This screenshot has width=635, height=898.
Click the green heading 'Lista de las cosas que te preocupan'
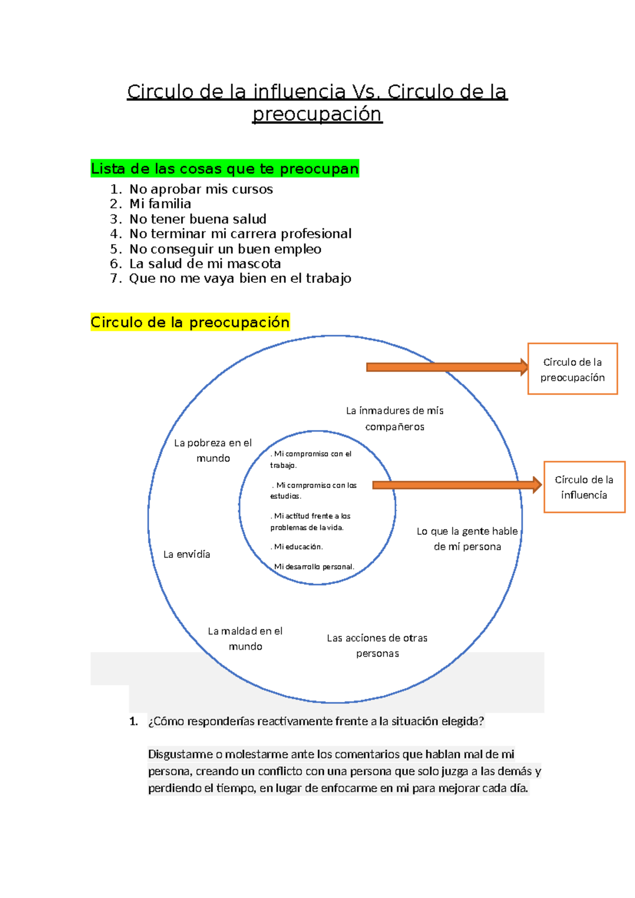point(225,168)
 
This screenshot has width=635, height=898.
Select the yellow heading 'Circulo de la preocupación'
point(190,322)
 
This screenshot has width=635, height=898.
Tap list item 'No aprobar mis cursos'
point(201,189)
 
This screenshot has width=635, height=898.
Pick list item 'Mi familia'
point(160,204)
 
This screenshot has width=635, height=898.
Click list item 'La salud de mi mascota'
point(205,263)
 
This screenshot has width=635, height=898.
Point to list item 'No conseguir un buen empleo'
point(225,249)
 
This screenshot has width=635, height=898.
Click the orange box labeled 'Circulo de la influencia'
point(584,487)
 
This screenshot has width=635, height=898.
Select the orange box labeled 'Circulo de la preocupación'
point(573,369)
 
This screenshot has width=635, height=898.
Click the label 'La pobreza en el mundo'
point(213,450)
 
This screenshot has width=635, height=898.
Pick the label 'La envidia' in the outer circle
point(187,554)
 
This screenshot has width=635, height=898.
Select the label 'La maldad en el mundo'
point(245,639)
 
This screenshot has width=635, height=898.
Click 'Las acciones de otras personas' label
point(377,645)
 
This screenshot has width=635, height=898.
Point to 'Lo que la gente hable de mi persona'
point(467,538)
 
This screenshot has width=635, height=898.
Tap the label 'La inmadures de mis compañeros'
point(395,418)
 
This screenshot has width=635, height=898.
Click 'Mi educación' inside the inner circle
point(298,546)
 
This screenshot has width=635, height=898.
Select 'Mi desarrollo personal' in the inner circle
point(314,567)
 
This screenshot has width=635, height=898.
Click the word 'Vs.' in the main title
point(366,92)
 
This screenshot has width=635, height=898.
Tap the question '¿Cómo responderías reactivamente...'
point(316,721)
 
